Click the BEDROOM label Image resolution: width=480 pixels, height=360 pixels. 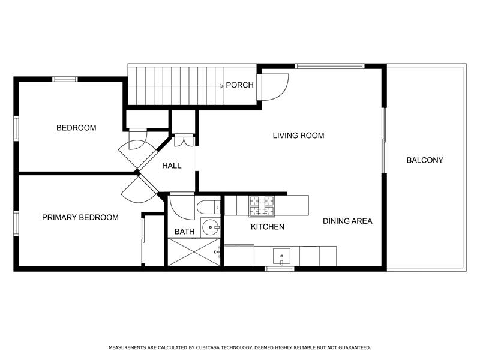tap(76, 128)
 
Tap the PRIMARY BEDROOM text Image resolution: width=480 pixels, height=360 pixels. tap(80, 217)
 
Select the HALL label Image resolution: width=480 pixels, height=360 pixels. tap(172, 166)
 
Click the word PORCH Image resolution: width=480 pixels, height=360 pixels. tap(239, 85)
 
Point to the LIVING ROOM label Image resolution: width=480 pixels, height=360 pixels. tap(298, 136)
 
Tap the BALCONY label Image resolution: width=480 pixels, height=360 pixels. tap(424, 160)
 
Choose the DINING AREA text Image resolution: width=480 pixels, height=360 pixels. tap(347, 221)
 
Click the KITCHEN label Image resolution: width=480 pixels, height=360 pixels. tap(267, 227)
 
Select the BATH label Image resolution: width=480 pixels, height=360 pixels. tap(184, 232)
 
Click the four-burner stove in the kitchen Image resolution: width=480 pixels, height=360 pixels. tap(262, 206)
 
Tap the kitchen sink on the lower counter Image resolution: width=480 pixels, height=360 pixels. tap(281, 257)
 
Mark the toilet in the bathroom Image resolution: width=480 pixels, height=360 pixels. tap(207, 207)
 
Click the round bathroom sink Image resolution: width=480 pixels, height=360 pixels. tap(210, 227)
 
